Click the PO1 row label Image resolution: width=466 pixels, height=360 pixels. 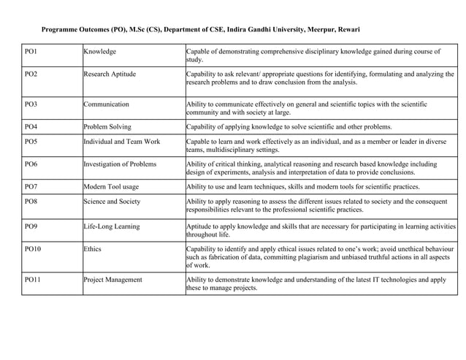click(x=31, y=52)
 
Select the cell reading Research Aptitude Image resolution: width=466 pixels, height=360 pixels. click(x=110, y=74)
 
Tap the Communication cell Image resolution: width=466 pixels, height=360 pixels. click(x=107, y=104)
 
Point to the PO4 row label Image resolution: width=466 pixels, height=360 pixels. click(x=31, y=126)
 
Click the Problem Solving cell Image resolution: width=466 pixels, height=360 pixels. click(x=107, y=126)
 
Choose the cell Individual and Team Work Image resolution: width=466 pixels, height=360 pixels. click(x=122, y=141)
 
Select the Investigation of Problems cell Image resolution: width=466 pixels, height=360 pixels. click(x=120, y=164)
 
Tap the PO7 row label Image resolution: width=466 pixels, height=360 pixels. click(x=31, y=186)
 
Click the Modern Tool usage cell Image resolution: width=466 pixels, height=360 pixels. click(x=111, y=186)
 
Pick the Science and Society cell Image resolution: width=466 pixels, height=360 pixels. click(x=112, y=201)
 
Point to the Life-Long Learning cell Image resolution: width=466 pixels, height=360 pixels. click(x=112, y=226)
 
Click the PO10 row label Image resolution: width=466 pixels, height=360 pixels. click(x=33, y=249)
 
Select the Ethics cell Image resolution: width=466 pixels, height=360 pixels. click(x=93, y=249)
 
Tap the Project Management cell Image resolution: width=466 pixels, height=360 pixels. click(x=113, y=279)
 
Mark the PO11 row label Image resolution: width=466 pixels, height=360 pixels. click(x=33, y=279)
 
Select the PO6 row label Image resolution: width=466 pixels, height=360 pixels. click(x=31, y=164)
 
